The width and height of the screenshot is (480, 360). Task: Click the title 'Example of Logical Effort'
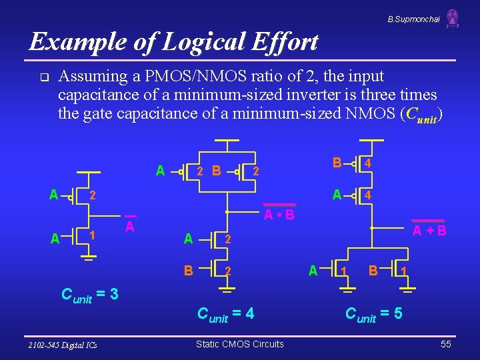(x=174, y=42)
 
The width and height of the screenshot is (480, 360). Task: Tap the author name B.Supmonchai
(x=413, y=19)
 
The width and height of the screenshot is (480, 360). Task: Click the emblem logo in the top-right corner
(x=453, y=19)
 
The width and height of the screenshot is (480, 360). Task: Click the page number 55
(x=447, y=344)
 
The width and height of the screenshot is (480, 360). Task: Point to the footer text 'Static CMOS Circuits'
(x=239, y=344)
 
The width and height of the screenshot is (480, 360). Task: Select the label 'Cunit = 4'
(x=226, y=313)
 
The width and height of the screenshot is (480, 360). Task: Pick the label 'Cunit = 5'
(x=374, y=313)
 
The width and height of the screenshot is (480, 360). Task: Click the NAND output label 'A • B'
(x=279, y=215)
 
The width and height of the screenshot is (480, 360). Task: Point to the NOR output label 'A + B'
(x=429, y=231)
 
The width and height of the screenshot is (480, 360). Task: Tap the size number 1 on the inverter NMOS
(x=93, y=235)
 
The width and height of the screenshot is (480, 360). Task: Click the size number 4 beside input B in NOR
(x=368, y=163)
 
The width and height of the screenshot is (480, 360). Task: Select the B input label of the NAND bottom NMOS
(x=189, y=270)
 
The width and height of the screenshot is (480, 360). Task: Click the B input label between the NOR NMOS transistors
(x=374, y=270)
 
